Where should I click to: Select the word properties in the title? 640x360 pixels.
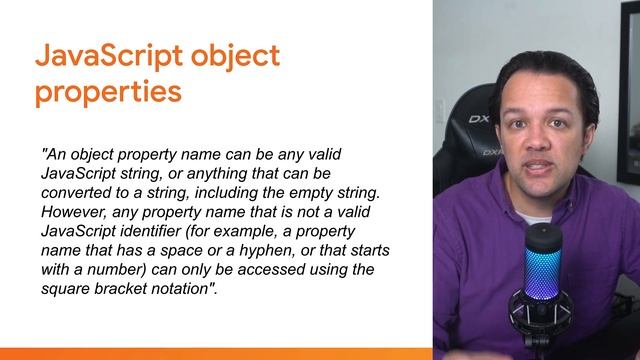108,92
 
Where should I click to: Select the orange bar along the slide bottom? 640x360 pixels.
216,353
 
